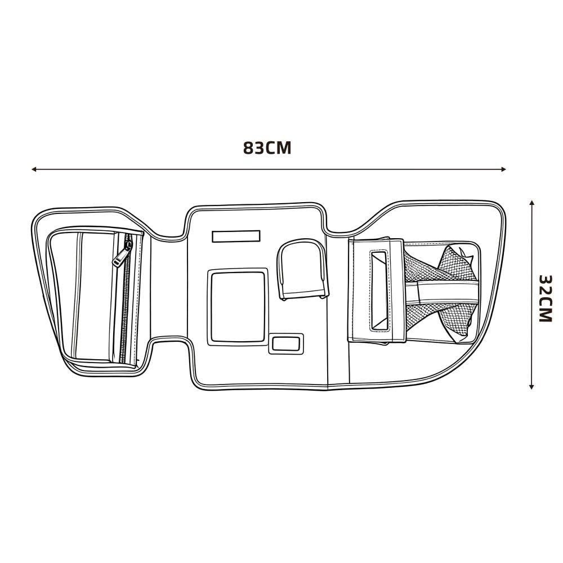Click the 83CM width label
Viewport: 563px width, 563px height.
[267, 148]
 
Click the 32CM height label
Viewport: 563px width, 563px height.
[545, 299]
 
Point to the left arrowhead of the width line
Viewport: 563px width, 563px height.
[34, 169]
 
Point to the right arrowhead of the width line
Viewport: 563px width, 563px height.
[503, 169]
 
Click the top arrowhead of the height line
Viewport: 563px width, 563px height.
[532, 203]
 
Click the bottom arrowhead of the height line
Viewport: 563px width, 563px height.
[532, 386]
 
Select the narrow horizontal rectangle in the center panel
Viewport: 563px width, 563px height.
[236, 236]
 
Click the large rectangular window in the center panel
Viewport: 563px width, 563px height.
[238, 307]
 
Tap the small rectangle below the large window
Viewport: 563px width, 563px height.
[286, 343]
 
